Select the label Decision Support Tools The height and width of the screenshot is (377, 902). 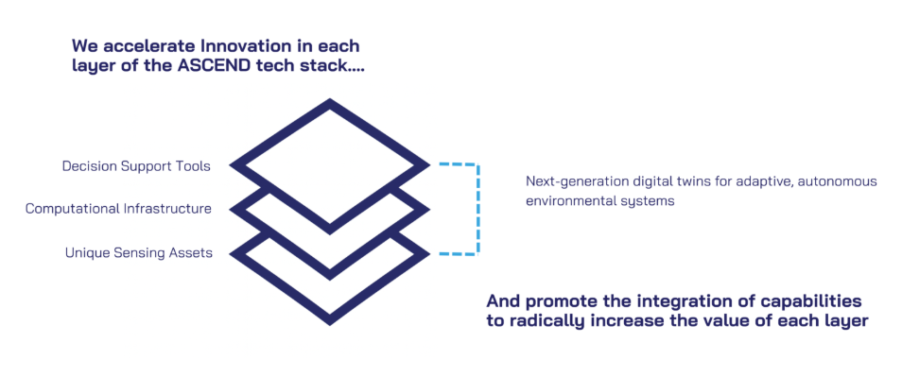(x=136, y=166)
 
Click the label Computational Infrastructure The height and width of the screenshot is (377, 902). (x=118, y=209)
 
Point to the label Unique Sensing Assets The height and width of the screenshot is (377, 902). (x=138, y=252)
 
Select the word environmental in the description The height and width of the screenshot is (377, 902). (x=572, y=201)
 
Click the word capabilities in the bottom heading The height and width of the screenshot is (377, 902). (x=816, y=300)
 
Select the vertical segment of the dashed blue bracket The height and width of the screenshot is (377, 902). (x=478, y=209)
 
